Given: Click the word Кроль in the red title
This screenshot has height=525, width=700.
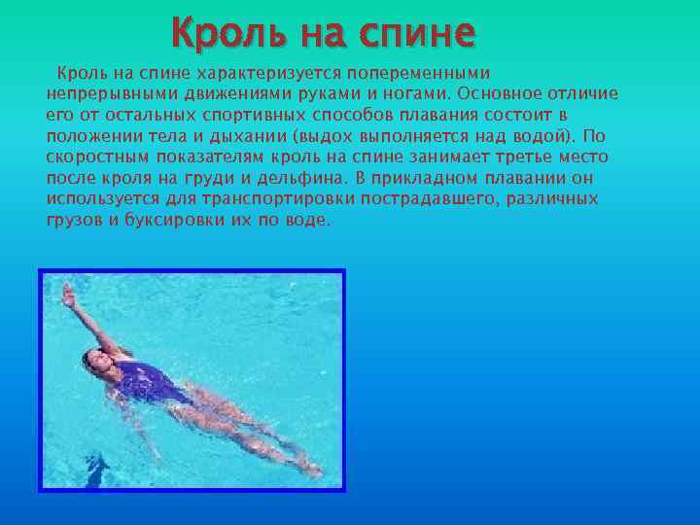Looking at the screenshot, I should point(219,33).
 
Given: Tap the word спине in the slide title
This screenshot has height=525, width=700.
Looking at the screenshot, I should point(417,33).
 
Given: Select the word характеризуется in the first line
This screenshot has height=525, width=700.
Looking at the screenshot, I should point(256,73).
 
